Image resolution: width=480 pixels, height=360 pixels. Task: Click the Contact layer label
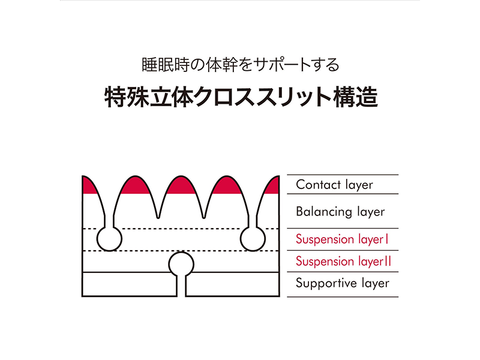tap(334, 185)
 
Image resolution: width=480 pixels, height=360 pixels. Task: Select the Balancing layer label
tap(340, 212)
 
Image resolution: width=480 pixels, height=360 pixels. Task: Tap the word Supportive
tap(323, 283)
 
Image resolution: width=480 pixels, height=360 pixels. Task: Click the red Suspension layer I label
tap(343, 239)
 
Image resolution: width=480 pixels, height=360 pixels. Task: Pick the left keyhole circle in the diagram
tap(110, 239)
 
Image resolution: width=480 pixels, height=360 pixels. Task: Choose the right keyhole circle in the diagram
tap(253, 239)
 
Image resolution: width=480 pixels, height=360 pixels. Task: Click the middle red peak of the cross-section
tap(181, 185)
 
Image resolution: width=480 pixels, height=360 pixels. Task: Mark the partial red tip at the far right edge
tap(273, 186)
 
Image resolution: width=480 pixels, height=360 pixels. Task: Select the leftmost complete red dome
tap(136, 185)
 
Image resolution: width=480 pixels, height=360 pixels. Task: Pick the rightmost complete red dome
tap(226, 185)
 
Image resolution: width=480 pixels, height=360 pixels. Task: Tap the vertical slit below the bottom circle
tap(181, 287)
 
